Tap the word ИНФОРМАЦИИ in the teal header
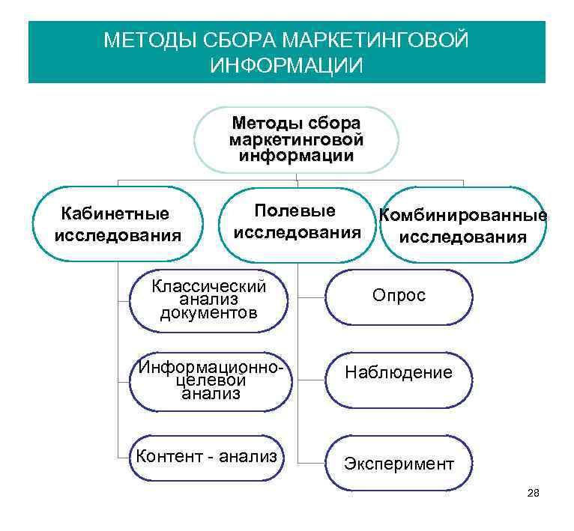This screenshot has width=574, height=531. point(286,65)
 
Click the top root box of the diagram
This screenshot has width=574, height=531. point(296,140)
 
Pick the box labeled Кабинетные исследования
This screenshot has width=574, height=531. point(118,225)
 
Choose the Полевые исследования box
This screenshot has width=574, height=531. point(297,223)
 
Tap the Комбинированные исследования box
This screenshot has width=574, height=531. point(462,225)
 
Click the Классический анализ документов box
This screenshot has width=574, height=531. point(208,300)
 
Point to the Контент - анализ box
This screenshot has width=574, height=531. point(207,456)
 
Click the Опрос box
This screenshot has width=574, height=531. point(399,297)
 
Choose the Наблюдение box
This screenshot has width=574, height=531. point(399,373)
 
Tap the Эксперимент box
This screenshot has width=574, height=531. point(399,464)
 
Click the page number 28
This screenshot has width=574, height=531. point(534,493)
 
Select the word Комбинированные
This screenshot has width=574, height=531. point(462,216)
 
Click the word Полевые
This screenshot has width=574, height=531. point(295,211)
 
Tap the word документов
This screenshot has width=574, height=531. point(208,313)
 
